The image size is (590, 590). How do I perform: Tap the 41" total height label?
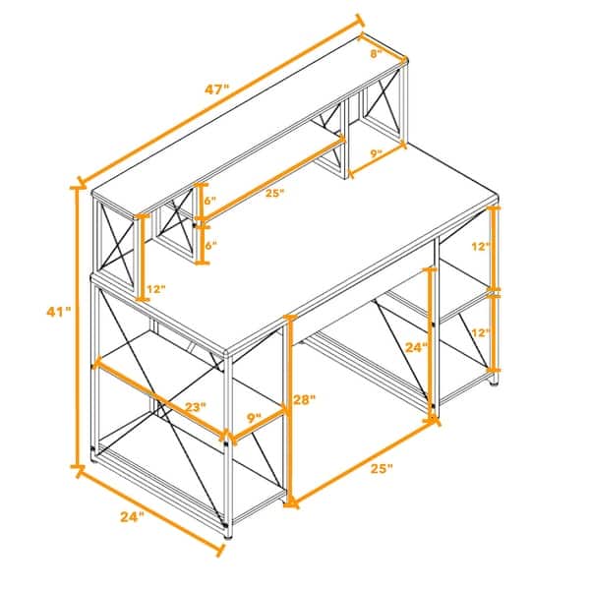click(x=59, y=312)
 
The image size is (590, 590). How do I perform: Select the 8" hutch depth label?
click(x=375, y=55)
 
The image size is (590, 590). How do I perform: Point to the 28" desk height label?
click(x=305, y=400)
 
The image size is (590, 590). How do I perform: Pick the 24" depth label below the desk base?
click(x=132, y=514)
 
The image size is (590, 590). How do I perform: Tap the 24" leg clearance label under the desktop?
click(x=418, y=347)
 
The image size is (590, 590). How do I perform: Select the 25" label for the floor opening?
click(x=380, y=468)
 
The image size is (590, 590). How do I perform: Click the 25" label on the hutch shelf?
click(x=274, y=194)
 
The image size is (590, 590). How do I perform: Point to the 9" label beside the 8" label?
click(x=376, y=154)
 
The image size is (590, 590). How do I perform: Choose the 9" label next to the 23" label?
click(x=255, y=418)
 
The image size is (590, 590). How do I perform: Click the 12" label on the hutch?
click(x=154, y=290)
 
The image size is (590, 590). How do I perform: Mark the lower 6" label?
click(x=210, y=246)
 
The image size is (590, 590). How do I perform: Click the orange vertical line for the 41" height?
click(x=78, y=324)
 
